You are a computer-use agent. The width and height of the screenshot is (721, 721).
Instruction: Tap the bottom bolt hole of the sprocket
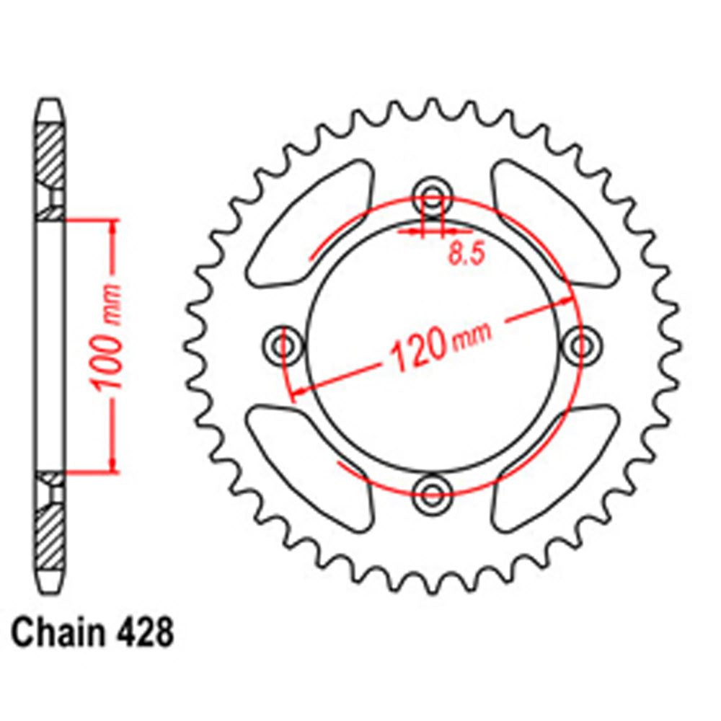[x=432, y=494]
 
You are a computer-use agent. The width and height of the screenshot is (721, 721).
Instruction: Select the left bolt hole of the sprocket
[x=282, y=345]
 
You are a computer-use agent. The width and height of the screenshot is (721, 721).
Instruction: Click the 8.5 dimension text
[x=466, y=255]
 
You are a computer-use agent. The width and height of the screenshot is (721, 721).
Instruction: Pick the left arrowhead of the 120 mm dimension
[x=296, y=390]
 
